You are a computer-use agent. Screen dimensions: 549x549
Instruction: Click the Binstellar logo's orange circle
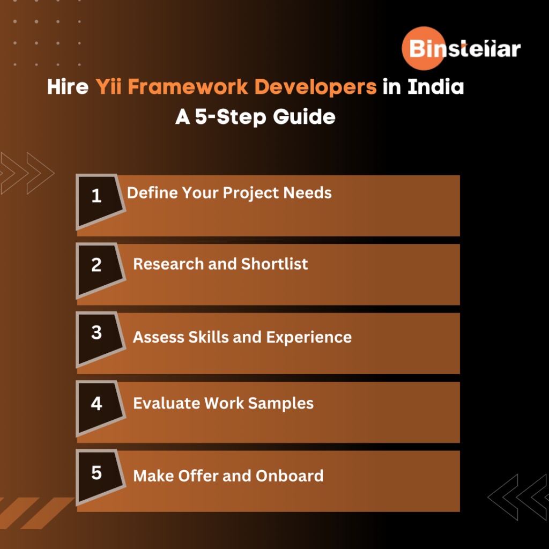click(424, 48)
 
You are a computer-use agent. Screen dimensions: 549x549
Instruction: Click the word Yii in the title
click(108, 86)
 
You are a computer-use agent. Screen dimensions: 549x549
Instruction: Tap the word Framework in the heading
click(188, 86)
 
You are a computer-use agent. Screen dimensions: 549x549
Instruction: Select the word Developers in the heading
click(315, 87)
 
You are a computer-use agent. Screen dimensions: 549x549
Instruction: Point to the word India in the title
click(435, 86)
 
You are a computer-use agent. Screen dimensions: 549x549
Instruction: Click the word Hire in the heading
click(68, 86)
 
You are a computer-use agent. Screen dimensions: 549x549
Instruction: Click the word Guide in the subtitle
click(304, 116)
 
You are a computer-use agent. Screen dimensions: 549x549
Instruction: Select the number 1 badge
click(100, 202)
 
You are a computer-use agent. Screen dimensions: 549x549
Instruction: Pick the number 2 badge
click(100, 271)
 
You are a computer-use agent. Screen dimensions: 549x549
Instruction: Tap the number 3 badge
click(100, 339)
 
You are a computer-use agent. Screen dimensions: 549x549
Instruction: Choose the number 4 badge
click(100, 409)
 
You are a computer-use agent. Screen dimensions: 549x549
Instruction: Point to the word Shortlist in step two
click(274, 264)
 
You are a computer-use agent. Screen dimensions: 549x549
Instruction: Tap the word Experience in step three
click(309, 338)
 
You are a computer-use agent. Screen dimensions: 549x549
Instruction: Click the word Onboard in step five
click(289, 476)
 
